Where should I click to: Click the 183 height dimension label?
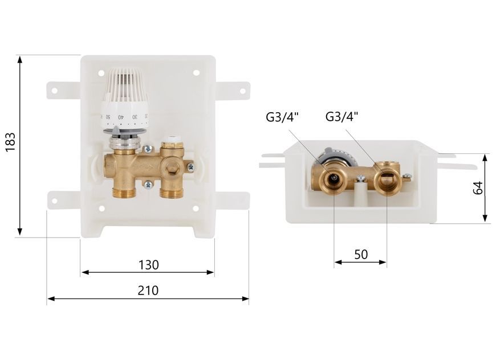click(x=10, y=142)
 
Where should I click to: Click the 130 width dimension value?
click(x=149, y=265)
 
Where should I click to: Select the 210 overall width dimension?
click(x=148, y=291)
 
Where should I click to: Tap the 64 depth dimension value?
click(x=478, y=188)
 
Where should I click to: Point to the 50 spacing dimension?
click(x=361, y=254)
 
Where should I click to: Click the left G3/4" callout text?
click(x=282, y=117)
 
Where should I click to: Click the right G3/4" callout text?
click(x=341, y=117)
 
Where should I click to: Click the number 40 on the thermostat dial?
click(x=121, y=117)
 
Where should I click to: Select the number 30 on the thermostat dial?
click(x=135, y=117)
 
